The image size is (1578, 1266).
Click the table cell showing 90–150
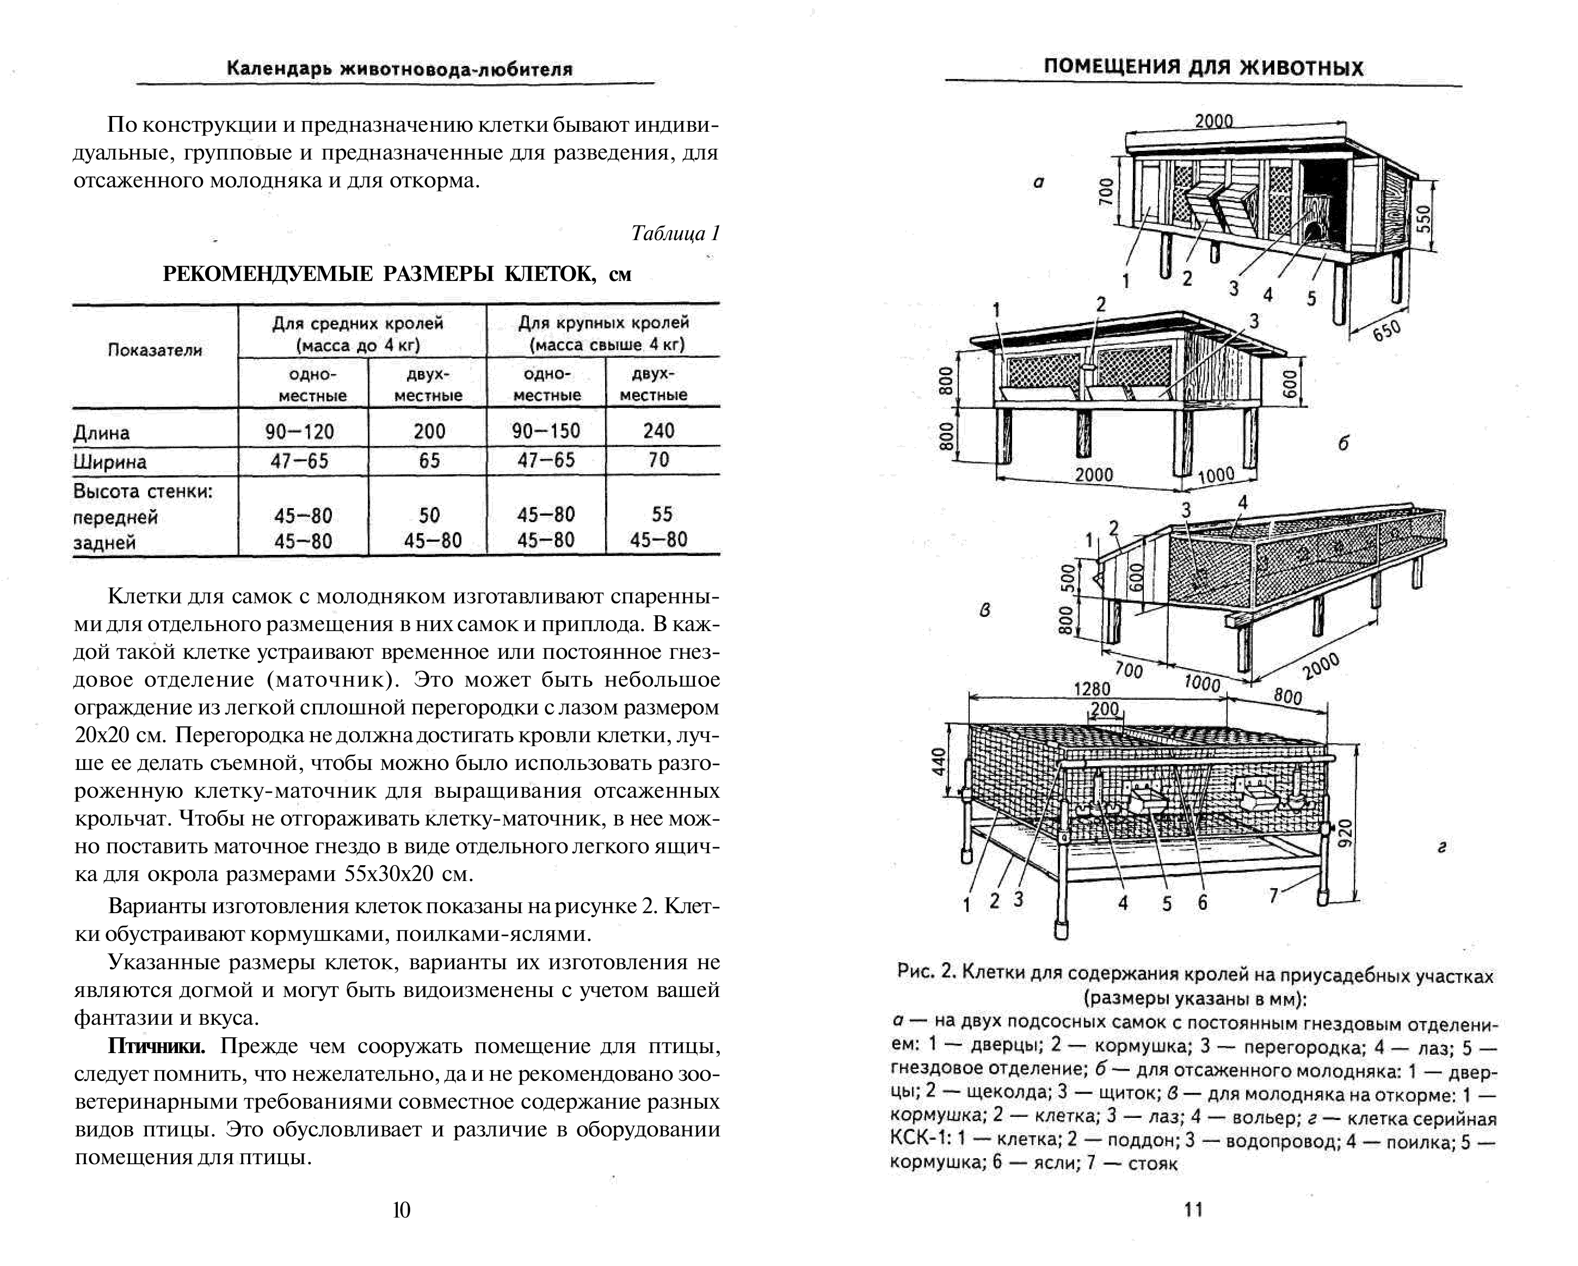point(546,431)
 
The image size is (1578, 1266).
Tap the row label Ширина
point(110,462)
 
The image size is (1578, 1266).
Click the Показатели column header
point(155,350)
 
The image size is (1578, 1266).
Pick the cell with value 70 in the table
point(659,460)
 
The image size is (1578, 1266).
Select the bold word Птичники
point(157,1047)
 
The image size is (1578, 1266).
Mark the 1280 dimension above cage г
point(1092,689)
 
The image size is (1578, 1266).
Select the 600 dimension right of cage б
point(1290,383)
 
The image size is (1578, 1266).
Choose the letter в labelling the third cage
point(985,610)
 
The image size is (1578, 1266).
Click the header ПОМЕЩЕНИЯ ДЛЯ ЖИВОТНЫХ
point(1203,68)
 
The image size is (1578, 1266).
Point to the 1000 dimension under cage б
point(1216,476)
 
